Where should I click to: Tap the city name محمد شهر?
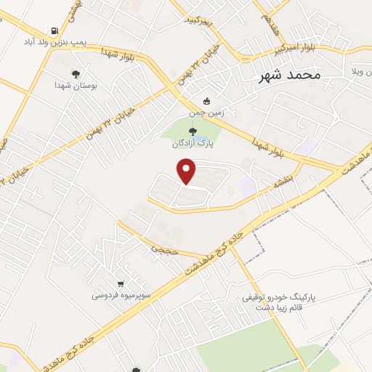(290, 75)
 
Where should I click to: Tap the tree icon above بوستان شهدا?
(75, 73)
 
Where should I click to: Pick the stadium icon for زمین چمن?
(208, 101)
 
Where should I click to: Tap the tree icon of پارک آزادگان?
(192, 132)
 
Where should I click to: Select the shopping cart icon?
(120, 283)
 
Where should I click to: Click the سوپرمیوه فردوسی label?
(121, 296)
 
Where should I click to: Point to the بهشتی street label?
(78, 9)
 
